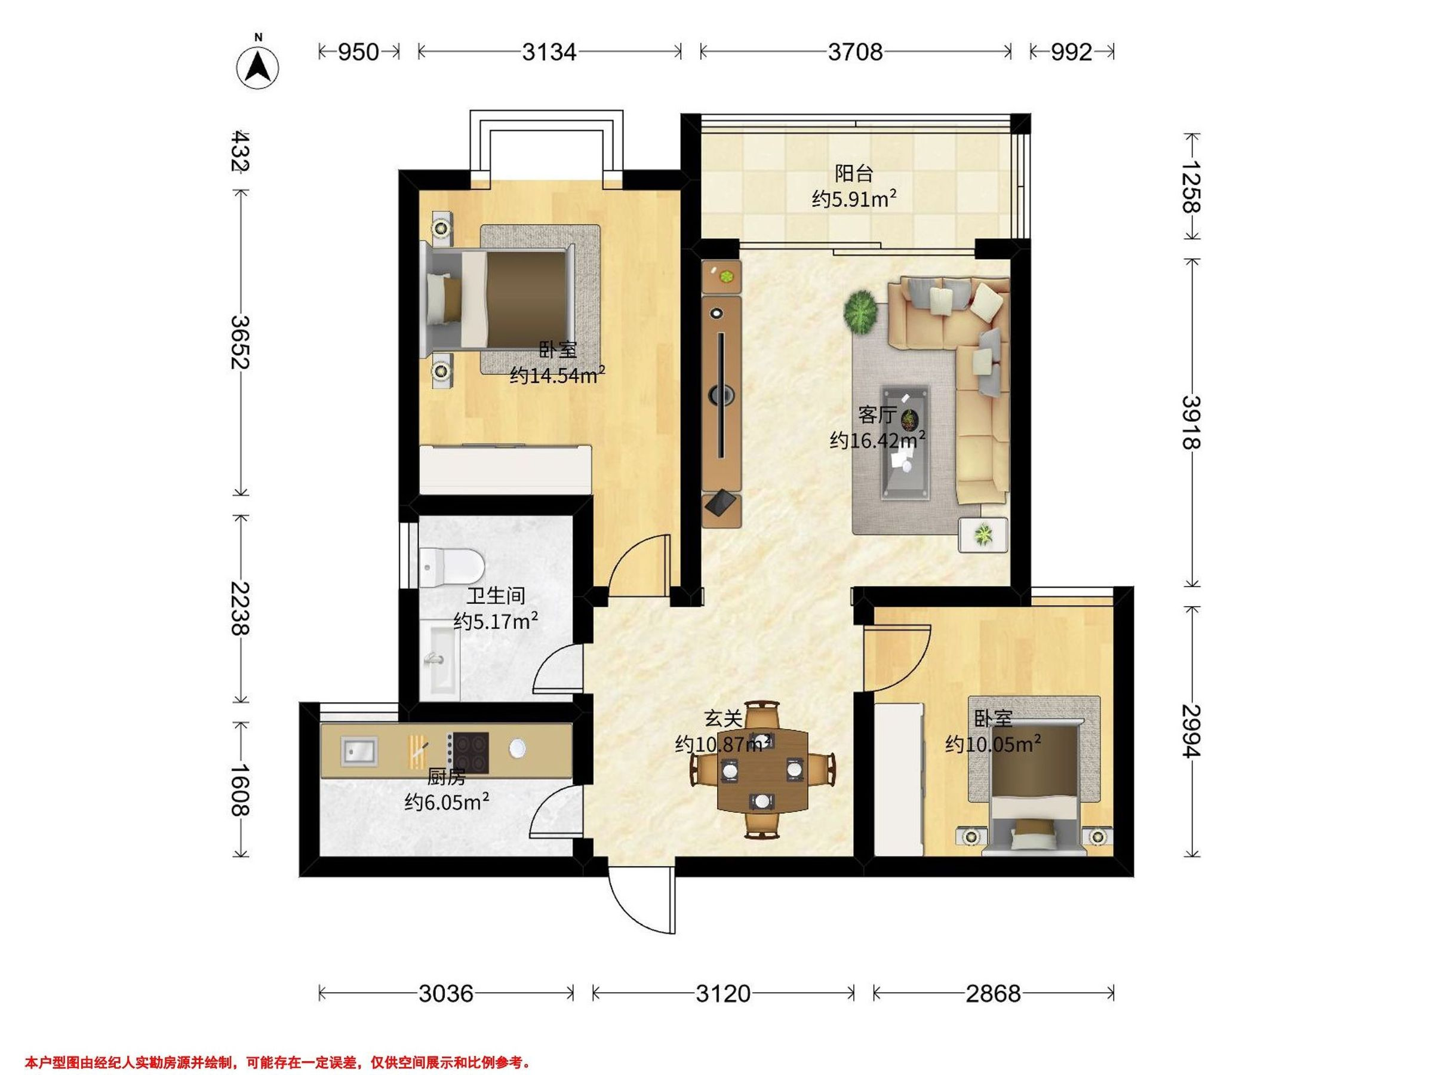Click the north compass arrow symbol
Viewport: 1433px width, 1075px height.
click(258, 66)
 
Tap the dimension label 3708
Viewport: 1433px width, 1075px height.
click(855, 52)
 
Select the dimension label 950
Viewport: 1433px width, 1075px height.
click(358, 52)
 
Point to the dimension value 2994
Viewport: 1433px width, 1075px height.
click(1191, 731)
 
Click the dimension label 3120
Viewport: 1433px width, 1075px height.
click(723, 993)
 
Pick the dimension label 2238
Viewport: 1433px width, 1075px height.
click(241, 609)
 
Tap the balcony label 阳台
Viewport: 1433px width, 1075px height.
click(854, 174)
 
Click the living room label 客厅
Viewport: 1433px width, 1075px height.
click(877, 414)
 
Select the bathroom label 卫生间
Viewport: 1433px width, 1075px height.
click(496, 595)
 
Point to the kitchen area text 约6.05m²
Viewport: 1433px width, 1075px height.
click(447, 803)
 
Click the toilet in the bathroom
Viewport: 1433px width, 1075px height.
click(451, 566)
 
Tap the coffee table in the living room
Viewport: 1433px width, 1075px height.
click(905, 443)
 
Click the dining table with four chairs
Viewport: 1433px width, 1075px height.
click(763, 769)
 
